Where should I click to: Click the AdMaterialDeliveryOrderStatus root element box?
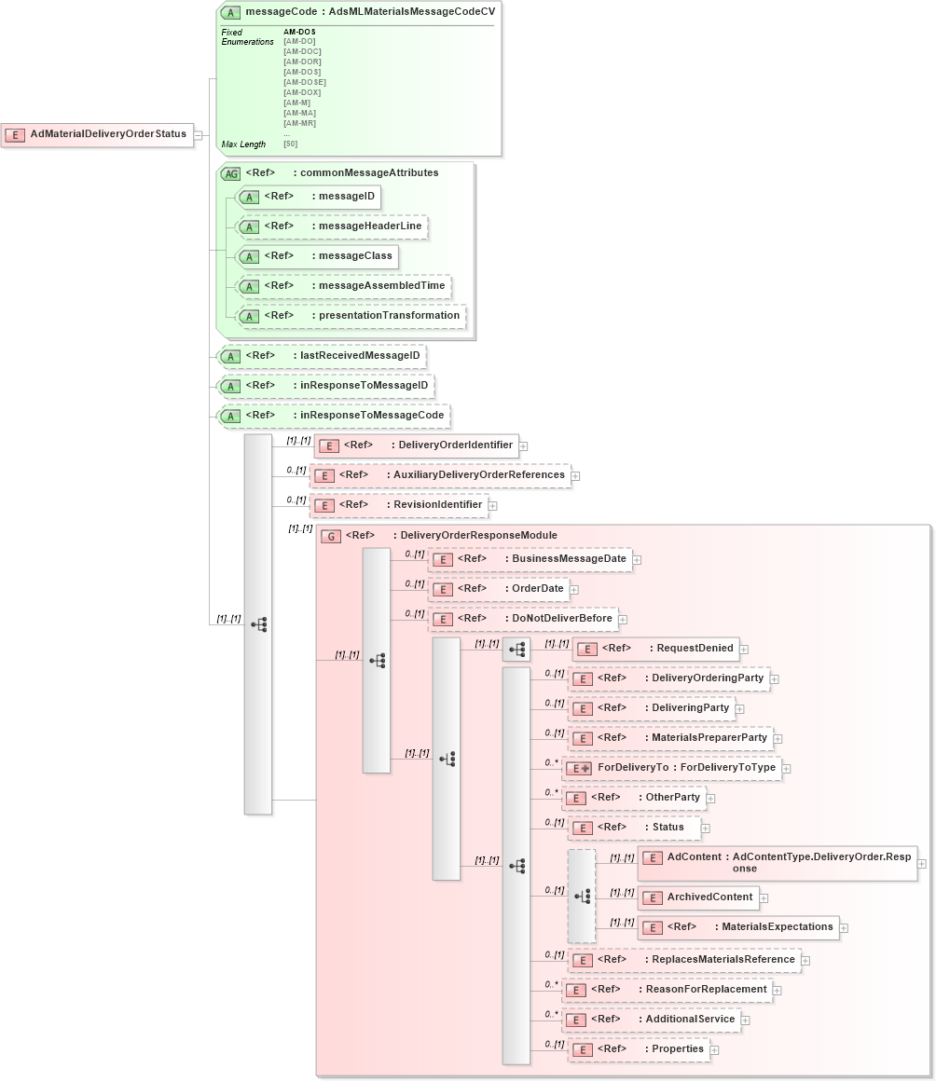97,134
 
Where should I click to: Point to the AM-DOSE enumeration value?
305,82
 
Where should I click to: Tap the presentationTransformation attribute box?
351,316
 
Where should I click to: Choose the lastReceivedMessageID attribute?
323,356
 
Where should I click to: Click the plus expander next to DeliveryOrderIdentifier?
524,446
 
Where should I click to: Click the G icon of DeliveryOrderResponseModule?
330,536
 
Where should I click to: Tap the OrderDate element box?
500,589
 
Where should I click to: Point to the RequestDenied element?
655,649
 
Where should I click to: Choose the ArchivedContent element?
698,897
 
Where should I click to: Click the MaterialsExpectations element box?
738,927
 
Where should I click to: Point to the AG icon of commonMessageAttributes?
229,173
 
